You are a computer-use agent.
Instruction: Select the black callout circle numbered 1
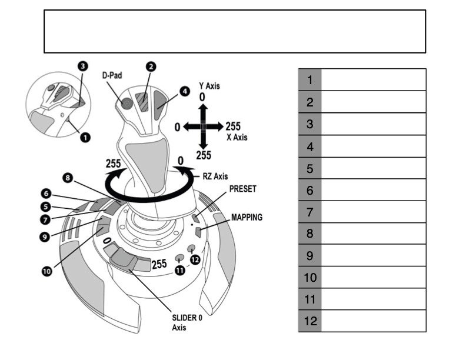pyautogui.click(x=85, y=137)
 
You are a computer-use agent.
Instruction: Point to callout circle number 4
pyautogui.click(x=185, y=91)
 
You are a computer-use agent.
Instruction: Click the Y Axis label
pyautogui.click(x=209, y=86)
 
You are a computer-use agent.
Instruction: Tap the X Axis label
pyautogui.click(x=237, y=137)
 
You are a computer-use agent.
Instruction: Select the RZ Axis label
pyautogui.click(x=215, y=175)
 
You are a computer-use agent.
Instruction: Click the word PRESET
pyautogui.click(x=243, y=189)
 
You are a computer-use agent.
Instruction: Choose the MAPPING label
pyautogui.click(x=247, y=217)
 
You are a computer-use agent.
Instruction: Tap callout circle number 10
pyautogui.click(x=46, y=271)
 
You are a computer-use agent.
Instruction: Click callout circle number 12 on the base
pyautogui.click(x=195, y=259)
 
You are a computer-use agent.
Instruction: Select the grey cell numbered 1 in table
pyautogui.click(x=309, y=80)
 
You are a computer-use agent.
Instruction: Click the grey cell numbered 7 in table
pyautogui.click(x=309, y=212)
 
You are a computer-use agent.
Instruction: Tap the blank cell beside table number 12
pyautogui.click(x=373, y=321)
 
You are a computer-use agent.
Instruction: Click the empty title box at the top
pyautogui.click(x=234, y=31)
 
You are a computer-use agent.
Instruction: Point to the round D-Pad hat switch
pyautogui.click(x=126, y=103)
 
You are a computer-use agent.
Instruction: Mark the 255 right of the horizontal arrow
pyautogui.click(x=233, y=126)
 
